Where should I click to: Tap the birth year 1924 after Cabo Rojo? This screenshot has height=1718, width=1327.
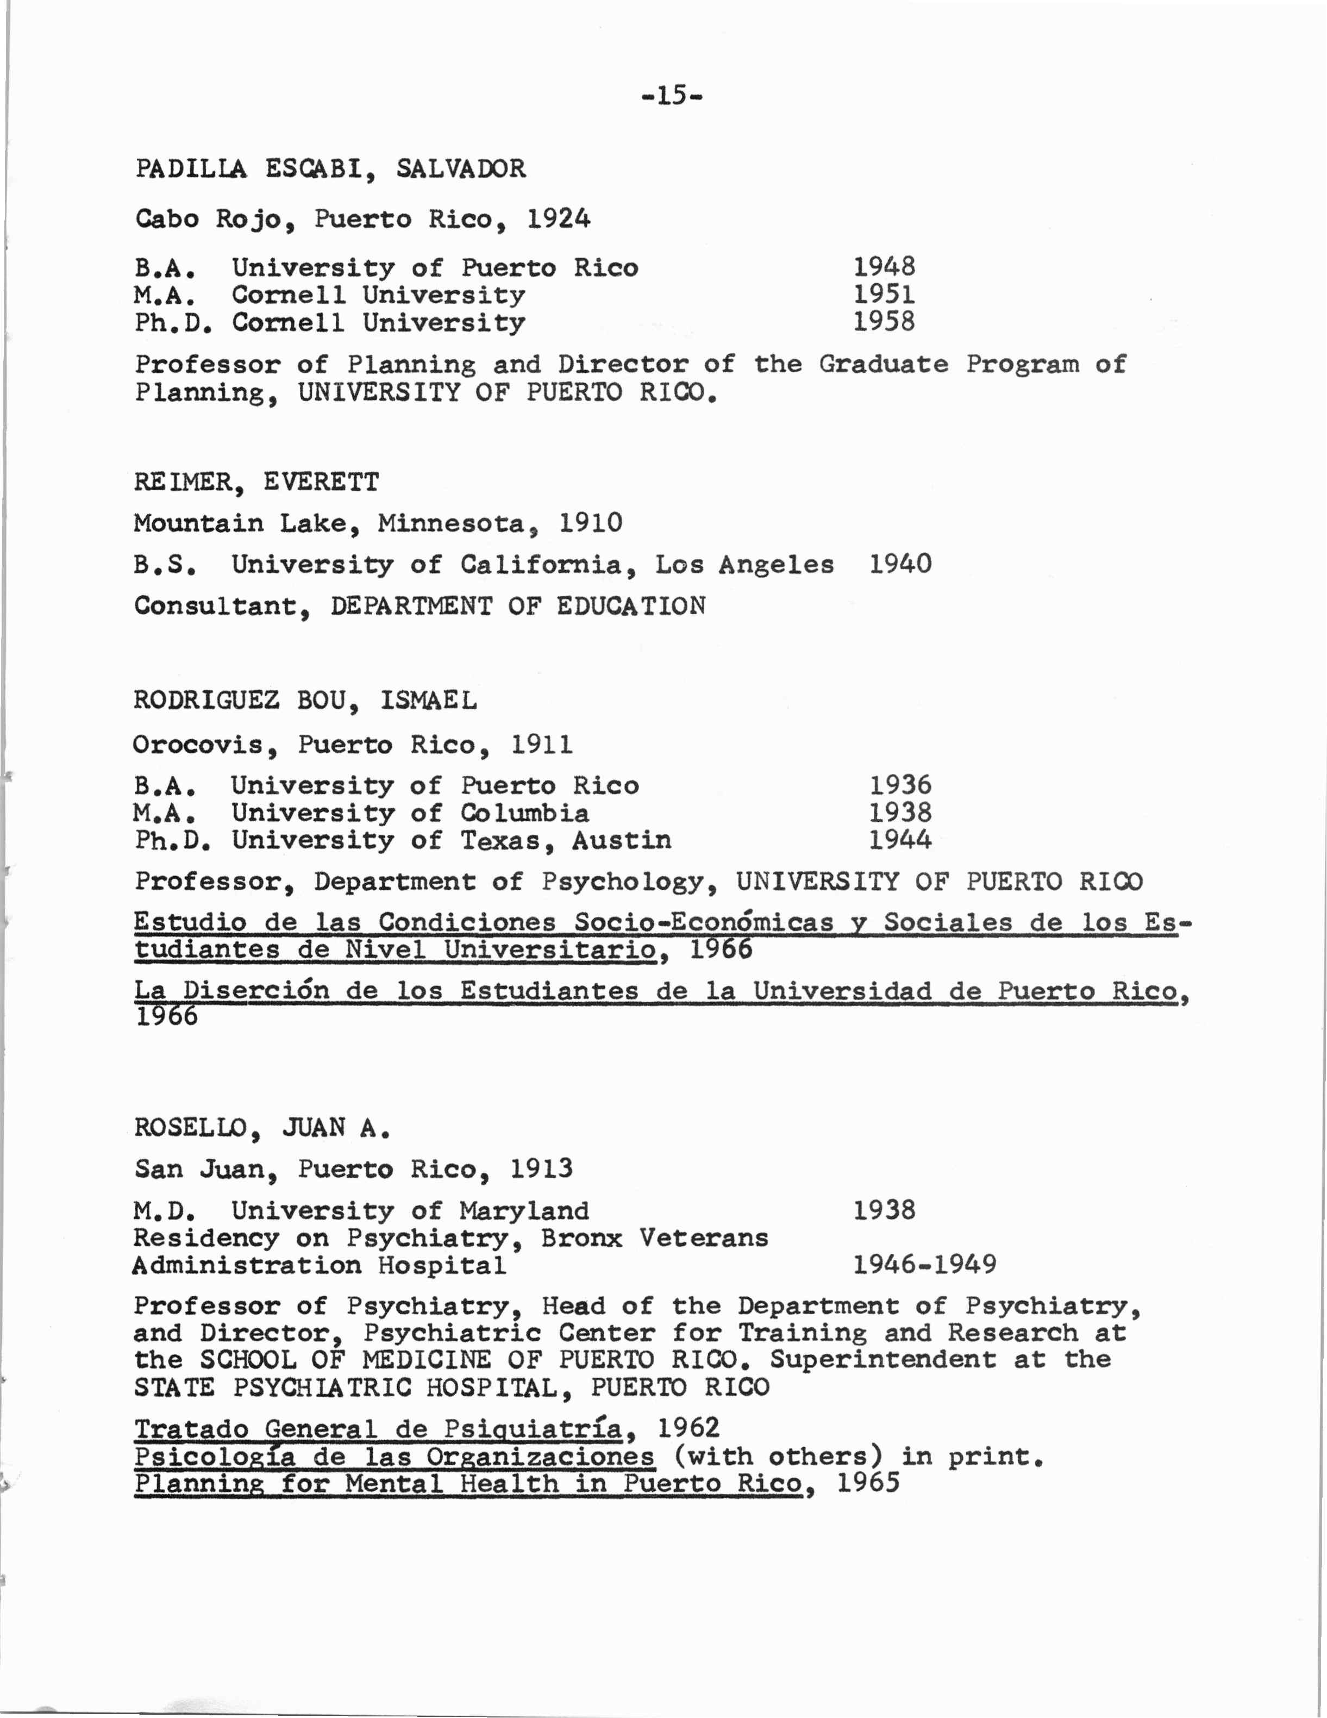pos(559,218)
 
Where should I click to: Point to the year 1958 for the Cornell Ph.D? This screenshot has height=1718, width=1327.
pos(884,322)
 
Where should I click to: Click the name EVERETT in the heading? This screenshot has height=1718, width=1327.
pos(321,482)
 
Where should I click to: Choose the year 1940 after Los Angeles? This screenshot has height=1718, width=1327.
pos(900,564)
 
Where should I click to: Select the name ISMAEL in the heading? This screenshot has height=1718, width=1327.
pos(429,700)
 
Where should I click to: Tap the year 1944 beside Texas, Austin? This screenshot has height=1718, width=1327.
pos(900,840)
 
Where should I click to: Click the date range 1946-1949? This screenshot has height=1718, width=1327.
pos(924,1265)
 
